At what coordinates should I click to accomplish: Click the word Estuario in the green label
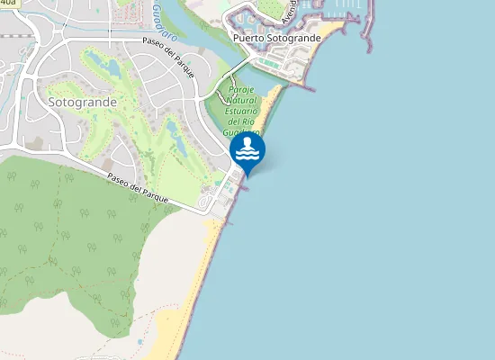(x=244, y=112)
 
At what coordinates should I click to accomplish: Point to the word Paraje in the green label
(x=244, y=91)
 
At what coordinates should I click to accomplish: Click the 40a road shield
(x=9, y=3)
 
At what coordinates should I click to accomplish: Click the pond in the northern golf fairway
(x=112, y=67)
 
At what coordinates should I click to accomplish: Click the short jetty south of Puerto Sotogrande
(x=302, y=88)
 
